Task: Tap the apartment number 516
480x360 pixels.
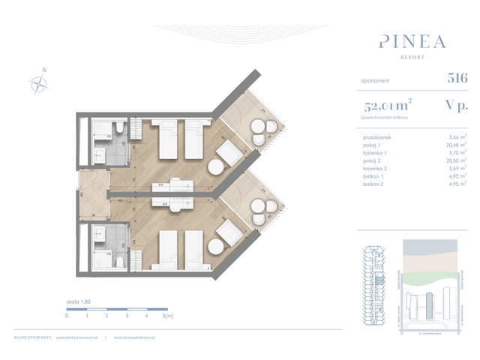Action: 457,77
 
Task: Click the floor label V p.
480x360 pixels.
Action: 456,105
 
